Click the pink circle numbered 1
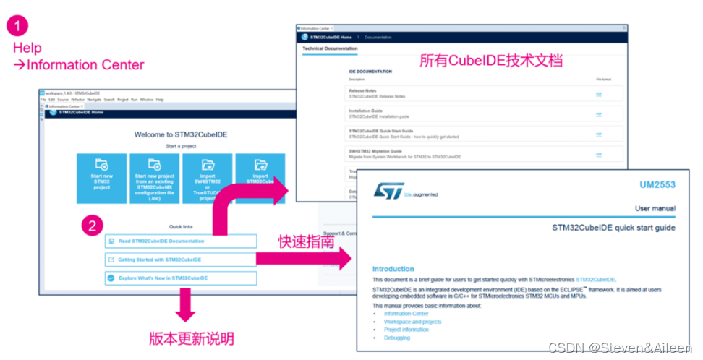tap(18, 26)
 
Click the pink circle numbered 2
tap(92, 226)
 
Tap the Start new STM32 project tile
tap(102, 178)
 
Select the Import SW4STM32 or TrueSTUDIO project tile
tap(208, 178)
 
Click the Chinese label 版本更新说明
tap(191, 338)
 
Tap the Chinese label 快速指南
tap(307, 241)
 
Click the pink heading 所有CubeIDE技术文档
tap(491, 61)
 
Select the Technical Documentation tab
tap(330, 48)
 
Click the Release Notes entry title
tap(362, 90)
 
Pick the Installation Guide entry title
tap(366, 111)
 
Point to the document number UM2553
tap(657, 185)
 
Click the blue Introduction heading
tap(393, 269)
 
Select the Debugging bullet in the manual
tap(397, 338)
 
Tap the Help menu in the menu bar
tap(160, 99)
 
